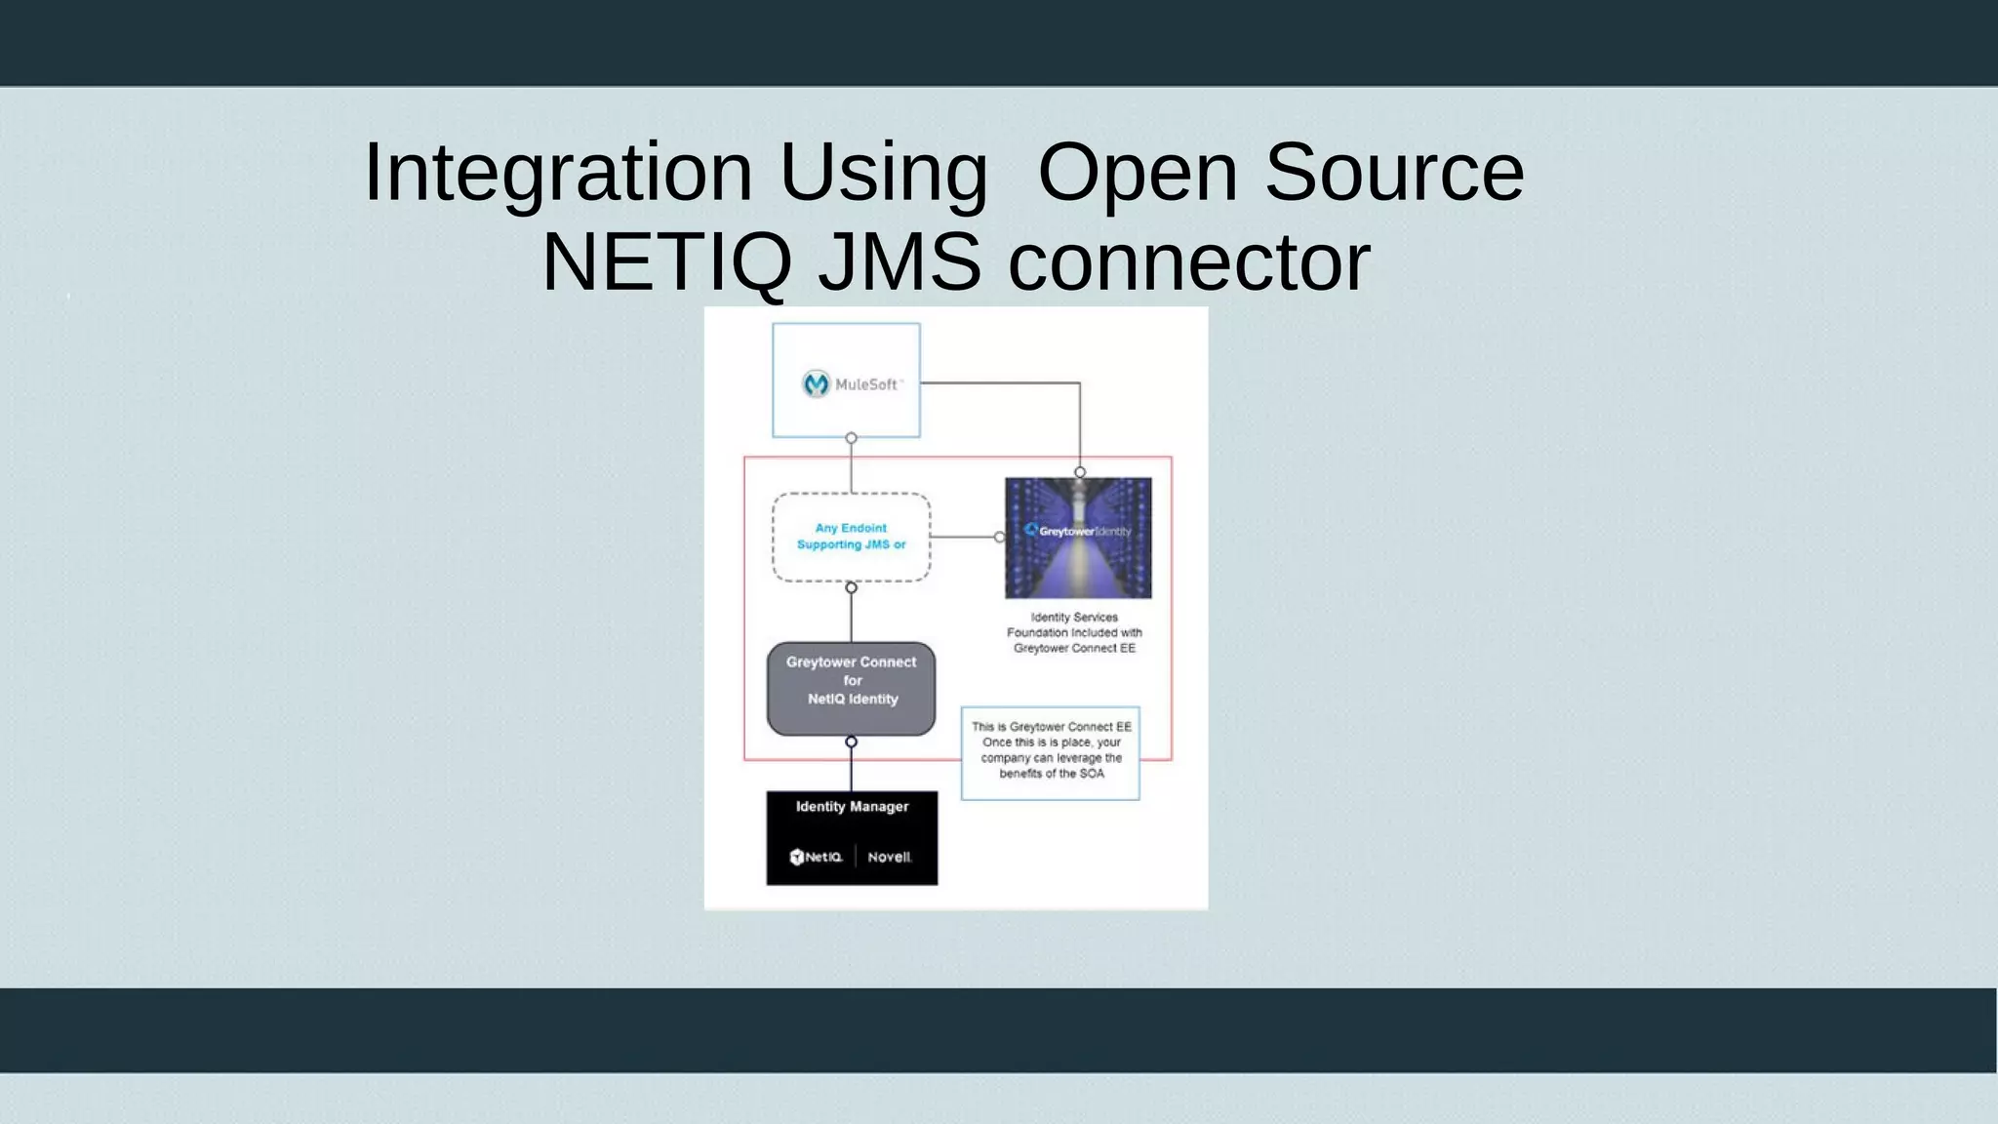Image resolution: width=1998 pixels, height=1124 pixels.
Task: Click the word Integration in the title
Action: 557,173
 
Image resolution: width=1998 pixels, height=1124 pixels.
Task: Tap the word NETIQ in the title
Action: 664,262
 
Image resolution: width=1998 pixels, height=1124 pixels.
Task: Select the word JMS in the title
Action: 899,262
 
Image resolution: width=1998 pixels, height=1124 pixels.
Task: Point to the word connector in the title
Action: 1188,262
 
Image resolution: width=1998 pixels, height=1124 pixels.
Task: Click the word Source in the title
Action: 1393,173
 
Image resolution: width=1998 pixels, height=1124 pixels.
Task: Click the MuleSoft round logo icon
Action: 816,384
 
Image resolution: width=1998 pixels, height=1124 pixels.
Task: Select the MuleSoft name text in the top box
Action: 866,384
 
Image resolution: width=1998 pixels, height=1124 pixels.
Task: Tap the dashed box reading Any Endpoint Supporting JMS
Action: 851,537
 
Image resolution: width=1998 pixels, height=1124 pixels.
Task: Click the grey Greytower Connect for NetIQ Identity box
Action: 851,688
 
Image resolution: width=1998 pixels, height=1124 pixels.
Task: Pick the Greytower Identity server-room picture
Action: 1078,538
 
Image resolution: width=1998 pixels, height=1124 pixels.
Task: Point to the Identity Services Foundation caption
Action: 1074,632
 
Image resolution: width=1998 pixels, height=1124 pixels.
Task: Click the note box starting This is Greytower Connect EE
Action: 1051,752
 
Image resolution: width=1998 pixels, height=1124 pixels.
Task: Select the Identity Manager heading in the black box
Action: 852,807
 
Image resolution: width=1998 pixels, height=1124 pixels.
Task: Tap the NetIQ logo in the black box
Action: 816,857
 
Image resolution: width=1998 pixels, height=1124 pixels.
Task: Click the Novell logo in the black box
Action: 889,857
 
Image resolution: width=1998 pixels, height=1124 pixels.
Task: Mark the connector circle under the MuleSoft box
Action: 852,438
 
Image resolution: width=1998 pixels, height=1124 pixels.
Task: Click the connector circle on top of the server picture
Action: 1080,472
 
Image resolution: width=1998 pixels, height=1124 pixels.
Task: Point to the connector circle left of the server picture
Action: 999,537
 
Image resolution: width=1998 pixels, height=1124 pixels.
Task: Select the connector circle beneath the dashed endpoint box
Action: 852,587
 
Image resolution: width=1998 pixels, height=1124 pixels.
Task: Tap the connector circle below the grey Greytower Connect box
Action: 852,742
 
